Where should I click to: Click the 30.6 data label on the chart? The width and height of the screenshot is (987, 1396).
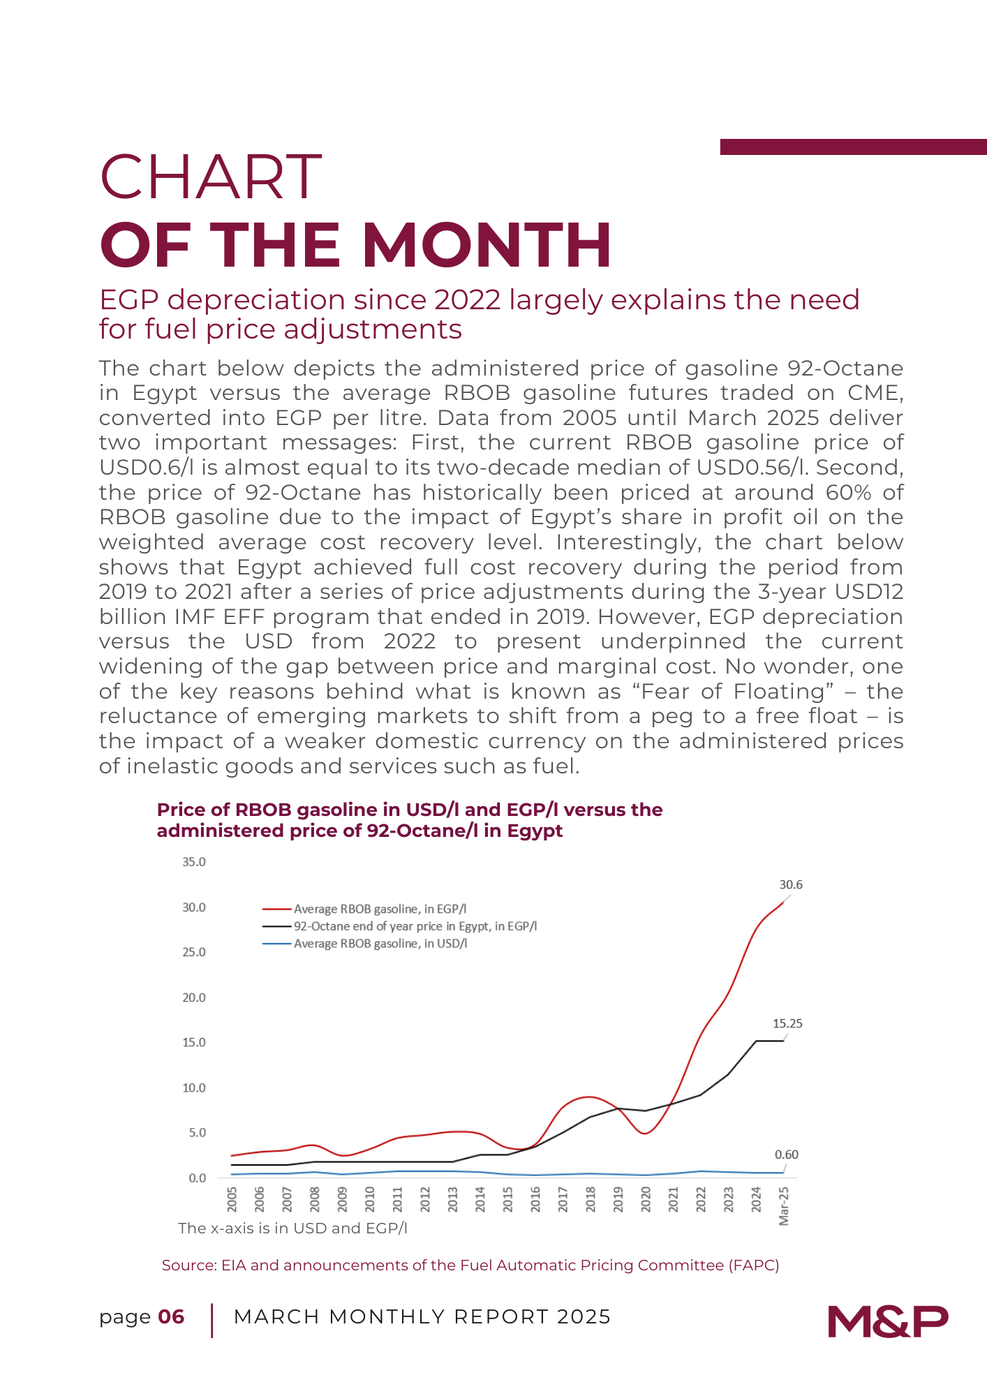pos(791,884)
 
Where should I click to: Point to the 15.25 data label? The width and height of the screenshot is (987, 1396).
pos(787,1023)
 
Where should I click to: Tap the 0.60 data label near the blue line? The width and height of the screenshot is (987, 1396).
pos(787,1154)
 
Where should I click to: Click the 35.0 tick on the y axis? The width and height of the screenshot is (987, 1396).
pos(194,862)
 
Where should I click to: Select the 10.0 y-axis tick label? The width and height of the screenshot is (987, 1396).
pos(194,1087)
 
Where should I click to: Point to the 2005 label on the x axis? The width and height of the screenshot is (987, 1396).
pos(232,1200)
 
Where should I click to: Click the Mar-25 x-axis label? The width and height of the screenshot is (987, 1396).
pos(784,1205)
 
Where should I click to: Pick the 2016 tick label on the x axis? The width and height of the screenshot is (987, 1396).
pos(535,1200)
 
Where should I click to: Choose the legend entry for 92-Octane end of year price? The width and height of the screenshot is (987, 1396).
pos(415,926)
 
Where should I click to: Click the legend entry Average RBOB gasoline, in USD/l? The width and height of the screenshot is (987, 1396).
pos(380,944)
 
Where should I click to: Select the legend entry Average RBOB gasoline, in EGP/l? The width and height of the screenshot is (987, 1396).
pos(380,909)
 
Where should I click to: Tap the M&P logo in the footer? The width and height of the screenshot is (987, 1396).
pos(888,1321)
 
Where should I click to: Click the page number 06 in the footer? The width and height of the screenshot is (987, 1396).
pos(171,1317)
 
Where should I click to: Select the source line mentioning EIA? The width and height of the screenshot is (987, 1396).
pos(470,1265)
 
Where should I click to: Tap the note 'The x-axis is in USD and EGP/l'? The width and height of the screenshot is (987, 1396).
pos(292,1228)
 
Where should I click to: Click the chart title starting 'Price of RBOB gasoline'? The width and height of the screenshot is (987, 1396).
pos(410,820)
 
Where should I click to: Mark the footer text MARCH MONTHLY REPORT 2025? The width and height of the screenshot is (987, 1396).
pos(422,1317)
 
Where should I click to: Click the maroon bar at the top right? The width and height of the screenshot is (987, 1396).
pos(853,147)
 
